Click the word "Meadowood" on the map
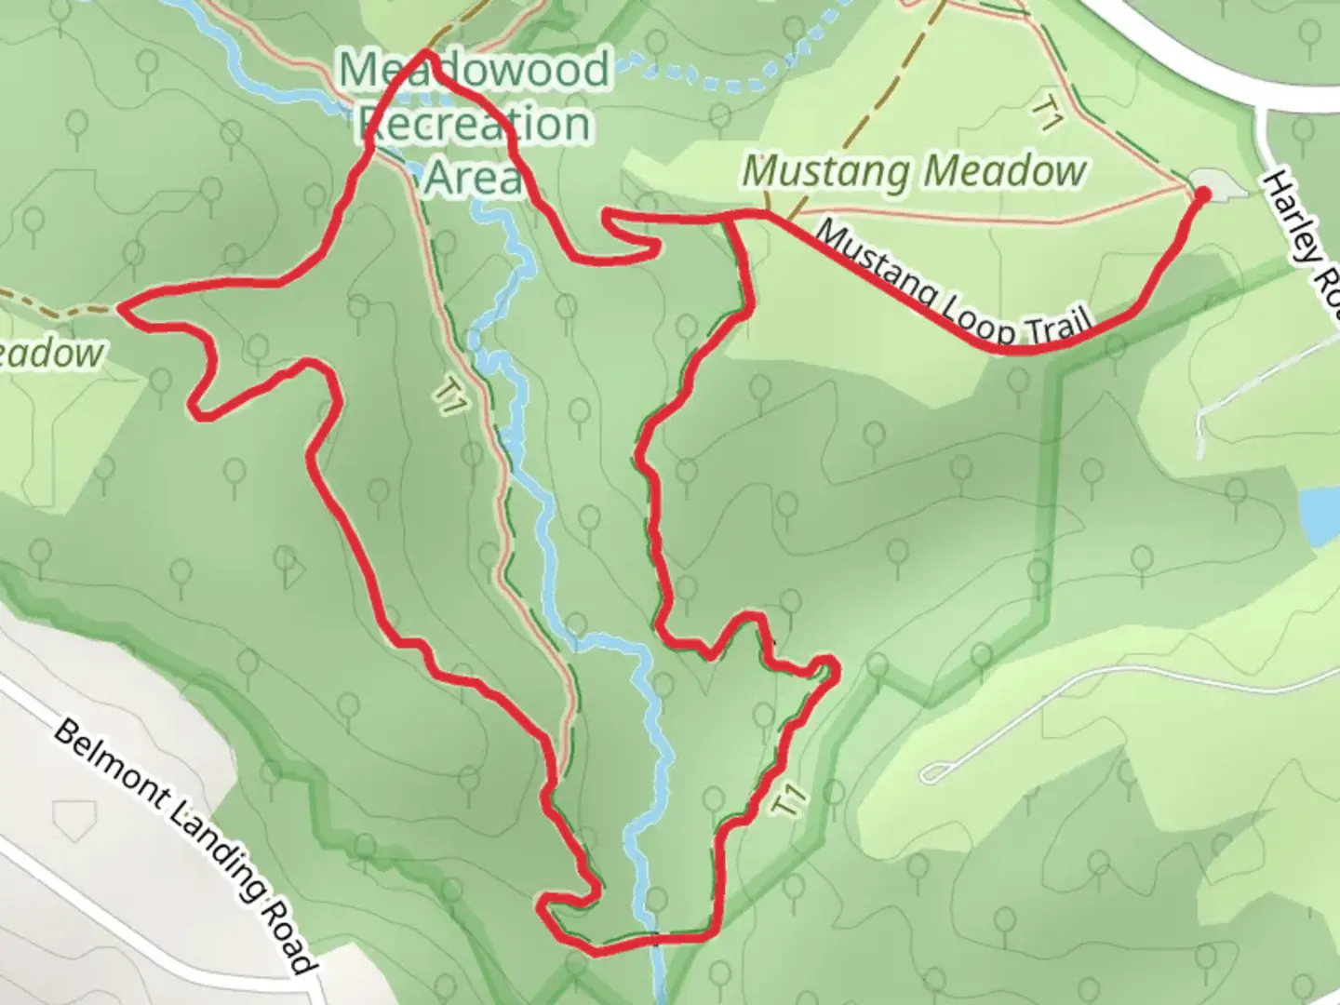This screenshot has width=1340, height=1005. coord(475,71)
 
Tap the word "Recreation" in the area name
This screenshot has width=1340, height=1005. coord(475,124)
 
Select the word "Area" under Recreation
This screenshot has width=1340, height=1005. coord(475,176)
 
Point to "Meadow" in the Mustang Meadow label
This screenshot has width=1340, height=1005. coord(1005,171)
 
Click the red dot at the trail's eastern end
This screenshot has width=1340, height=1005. coord(1200,194)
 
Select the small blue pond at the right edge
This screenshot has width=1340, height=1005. coord(1320,517)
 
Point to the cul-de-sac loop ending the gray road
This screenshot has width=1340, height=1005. coord(933,771)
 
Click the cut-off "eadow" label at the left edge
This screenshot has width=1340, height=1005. coord(51,355)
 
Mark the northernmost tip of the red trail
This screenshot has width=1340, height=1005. coord(427,54)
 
